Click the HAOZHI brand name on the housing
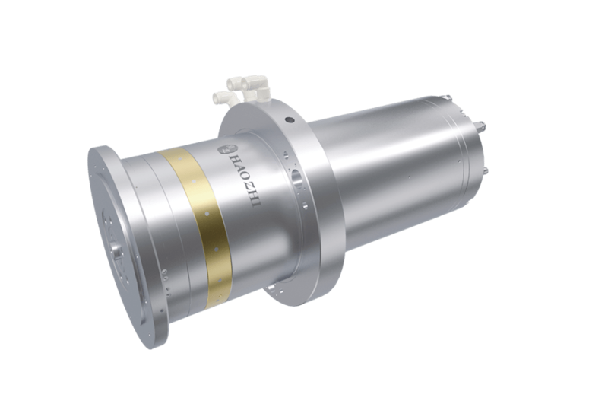tap(244, 180)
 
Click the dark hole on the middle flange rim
tap(288, 120)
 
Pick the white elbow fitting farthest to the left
tap(222, 97)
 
